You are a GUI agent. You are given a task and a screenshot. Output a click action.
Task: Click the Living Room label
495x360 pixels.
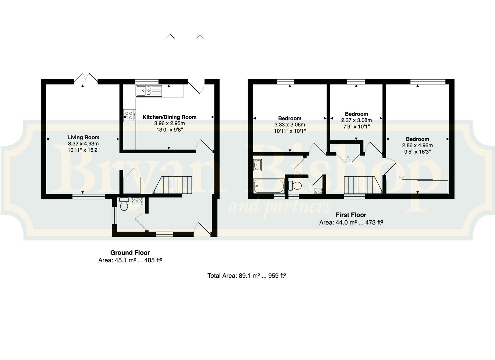click(83, 137)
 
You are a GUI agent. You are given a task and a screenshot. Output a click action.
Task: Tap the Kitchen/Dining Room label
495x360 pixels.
click(169, 117)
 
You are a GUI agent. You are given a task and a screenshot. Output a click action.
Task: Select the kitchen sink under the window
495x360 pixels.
click(149, 91)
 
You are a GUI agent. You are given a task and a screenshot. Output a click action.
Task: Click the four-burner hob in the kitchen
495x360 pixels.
click(129, 115)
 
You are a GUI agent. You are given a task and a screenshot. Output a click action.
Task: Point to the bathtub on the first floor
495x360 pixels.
click(269, 186)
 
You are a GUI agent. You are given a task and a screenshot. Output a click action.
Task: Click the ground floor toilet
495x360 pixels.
click(124, 204)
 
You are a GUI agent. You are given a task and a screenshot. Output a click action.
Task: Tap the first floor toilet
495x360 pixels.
click(295, 186)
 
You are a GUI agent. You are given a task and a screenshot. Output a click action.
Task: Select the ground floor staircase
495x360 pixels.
click(172, 185)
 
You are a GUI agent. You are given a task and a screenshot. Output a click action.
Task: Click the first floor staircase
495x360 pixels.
click(363, 185)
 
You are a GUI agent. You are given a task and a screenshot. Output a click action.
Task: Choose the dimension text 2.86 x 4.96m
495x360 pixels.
click(417, 145)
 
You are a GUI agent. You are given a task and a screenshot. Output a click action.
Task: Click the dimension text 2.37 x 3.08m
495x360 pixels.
click(356, 120)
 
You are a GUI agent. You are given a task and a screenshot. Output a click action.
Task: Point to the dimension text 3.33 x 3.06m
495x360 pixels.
click(290, 125)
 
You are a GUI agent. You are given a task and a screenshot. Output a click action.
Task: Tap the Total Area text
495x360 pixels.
click(247, 276)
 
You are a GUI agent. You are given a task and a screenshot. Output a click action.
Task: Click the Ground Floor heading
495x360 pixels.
click(130, 253)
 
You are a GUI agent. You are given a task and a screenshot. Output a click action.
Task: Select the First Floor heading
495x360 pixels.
click(351, 215)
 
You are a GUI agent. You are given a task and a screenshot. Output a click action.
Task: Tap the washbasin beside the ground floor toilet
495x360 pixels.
click(137, 202)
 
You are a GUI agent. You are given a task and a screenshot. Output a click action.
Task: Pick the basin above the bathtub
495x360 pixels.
click(257, 165)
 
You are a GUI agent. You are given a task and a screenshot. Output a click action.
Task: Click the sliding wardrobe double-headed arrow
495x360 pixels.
click(402, 177)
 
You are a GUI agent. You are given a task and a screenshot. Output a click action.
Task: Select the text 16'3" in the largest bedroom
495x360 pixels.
click(424, 152)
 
